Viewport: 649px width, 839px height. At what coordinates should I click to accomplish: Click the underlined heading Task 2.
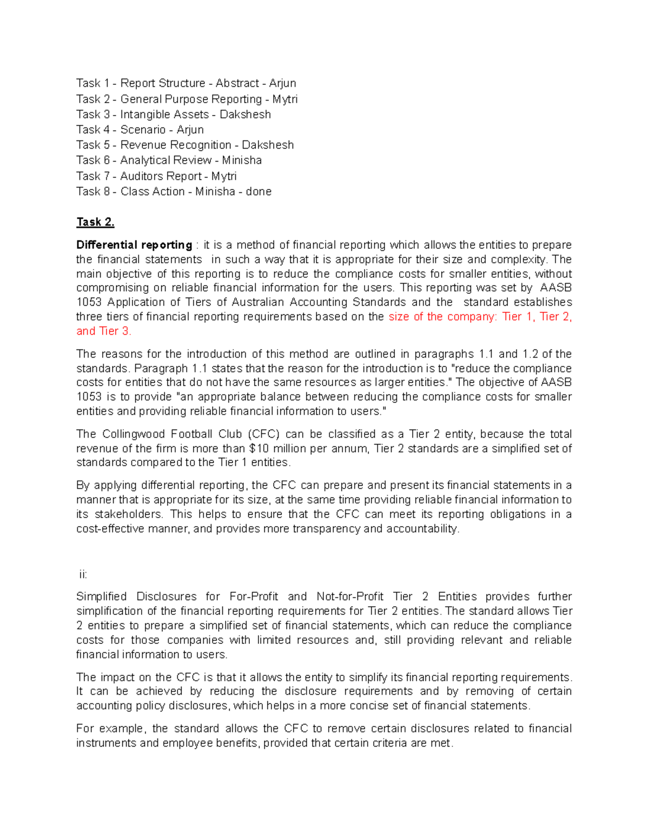point(95,222)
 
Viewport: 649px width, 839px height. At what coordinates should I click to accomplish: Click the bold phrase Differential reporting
point(134,245)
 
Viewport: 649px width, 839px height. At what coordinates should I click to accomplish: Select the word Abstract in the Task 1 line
point(237,83)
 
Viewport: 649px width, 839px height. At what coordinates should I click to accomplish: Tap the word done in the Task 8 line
point(259,192)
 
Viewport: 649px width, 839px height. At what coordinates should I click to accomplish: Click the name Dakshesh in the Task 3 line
point(245,115)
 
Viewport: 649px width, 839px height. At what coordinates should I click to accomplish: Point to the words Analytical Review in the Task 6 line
point(165,160)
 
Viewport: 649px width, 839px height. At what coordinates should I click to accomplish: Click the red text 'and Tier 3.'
point(104,331)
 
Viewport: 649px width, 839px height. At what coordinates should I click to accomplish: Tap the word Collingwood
point(133,434)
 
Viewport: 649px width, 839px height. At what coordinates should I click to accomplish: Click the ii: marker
point(83,574)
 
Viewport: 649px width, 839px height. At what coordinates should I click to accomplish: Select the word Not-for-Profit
point(349,597)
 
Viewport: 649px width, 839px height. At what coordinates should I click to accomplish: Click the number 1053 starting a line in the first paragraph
point(89,303)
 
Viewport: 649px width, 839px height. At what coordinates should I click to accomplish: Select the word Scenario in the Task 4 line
point(143,130)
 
